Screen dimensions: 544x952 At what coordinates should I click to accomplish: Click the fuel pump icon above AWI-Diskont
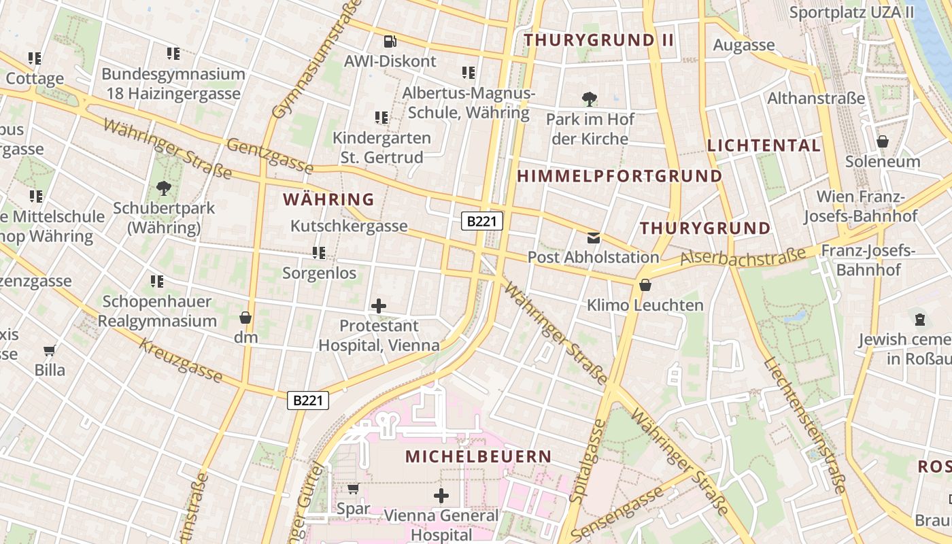[389, 41]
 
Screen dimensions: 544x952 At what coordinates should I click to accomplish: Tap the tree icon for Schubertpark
[163, 188]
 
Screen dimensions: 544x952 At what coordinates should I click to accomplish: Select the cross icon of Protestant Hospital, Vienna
[379, 306]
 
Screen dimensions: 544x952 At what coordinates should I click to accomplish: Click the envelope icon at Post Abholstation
[594, 237]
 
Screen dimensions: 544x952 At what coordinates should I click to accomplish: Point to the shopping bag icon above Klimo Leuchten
[645, 285]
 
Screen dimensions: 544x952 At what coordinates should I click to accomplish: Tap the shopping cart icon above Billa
[50, 351]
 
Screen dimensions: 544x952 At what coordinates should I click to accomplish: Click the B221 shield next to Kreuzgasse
[307, 401]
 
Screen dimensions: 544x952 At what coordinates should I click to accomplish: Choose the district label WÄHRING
[328, 199]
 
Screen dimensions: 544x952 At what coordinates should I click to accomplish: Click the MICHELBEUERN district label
[478, 456]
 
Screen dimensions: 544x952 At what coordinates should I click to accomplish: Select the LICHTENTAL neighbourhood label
[764, 145]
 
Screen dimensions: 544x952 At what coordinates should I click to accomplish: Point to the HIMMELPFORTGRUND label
[619, 176]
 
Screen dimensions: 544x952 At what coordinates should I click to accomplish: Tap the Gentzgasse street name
[270, 156]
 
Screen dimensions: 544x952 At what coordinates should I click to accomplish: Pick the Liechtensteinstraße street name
[804, 425]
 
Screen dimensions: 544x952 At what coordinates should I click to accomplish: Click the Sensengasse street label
[617, 511]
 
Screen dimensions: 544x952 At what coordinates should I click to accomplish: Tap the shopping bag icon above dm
[245, 318]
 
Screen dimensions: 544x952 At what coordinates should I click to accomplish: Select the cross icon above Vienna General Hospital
[441, 496]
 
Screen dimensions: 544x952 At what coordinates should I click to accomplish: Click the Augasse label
[743, 45]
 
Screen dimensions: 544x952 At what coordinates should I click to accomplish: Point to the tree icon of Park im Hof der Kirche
[590, 99]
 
